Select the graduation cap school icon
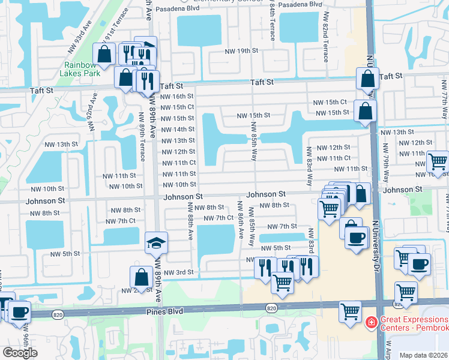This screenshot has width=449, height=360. [156, 243]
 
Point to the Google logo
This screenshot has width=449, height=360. [20, 353]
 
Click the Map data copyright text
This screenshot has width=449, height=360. [424, 355]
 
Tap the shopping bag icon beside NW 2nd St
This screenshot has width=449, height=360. [141, 277]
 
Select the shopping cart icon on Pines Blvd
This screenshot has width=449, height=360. [350, 311]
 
